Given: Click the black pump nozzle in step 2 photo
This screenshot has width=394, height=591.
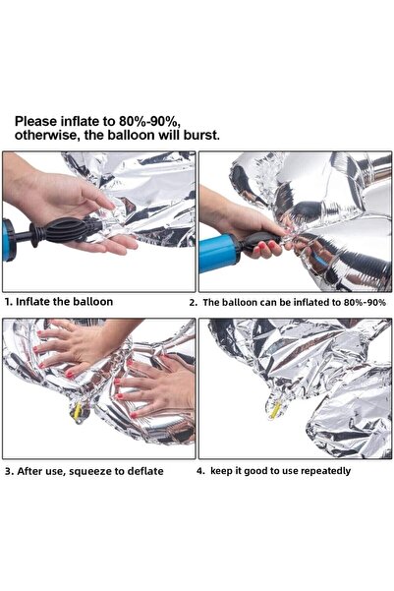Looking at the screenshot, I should pyautogui.click(x=260, y=246).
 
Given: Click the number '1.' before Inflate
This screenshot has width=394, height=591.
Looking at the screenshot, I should pyautogui.click(x=9, y=301).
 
